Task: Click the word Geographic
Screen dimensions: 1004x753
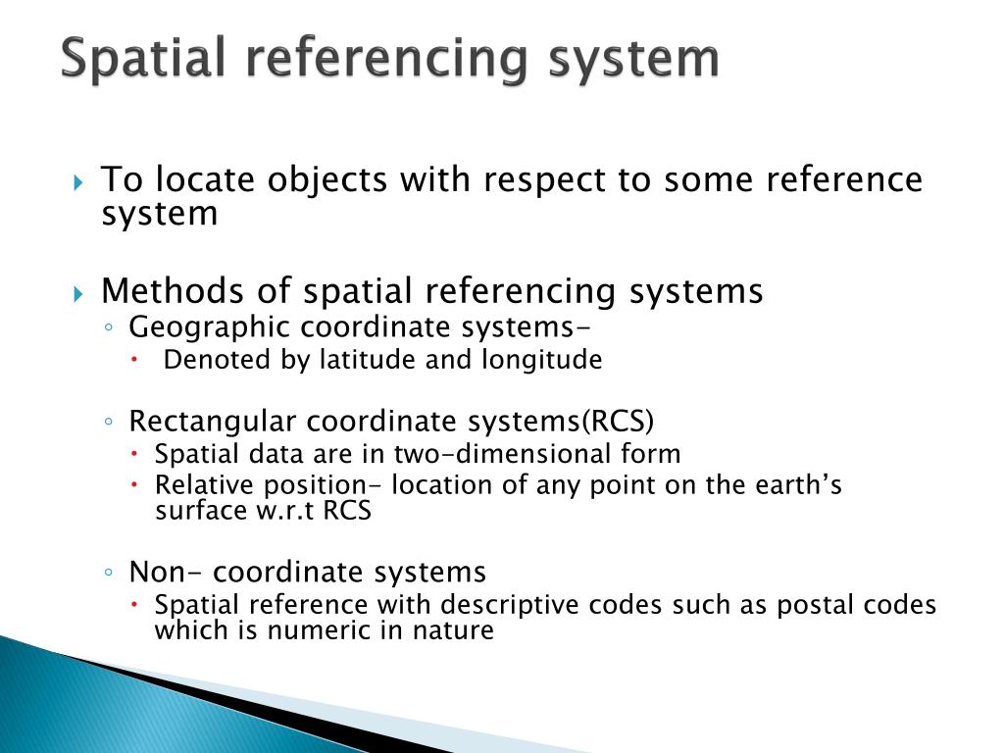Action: pyautogui.click(x=209, y=327)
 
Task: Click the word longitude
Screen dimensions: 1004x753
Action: pyautogui.click(x=541, y=361)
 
